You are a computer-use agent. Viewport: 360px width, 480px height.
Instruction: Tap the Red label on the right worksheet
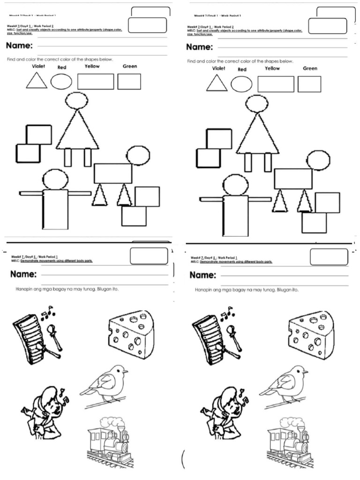click(x=242, y=69)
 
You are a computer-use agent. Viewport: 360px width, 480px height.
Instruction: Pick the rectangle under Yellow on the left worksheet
click(x=96, y=82)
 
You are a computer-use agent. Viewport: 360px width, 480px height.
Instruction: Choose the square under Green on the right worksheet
click(x=309, y=84)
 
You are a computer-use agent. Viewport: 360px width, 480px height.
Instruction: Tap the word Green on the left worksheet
click(x=130, y=66)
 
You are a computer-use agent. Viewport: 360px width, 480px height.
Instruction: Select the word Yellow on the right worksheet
click(x=272, y=68)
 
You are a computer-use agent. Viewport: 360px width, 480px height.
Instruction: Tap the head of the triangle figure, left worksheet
click(x=77, y=100)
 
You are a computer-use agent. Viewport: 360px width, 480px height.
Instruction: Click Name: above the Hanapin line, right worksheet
click(x=203, y=275)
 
